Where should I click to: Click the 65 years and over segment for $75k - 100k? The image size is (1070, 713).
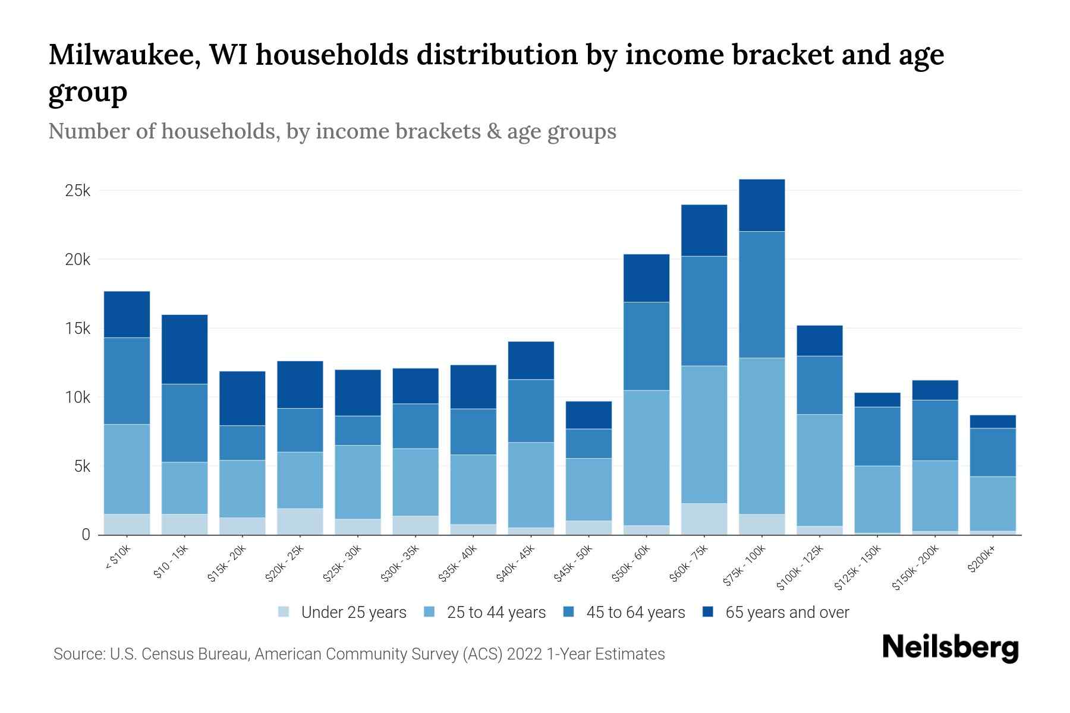761,205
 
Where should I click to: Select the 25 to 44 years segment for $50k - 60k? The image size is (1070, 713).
646,458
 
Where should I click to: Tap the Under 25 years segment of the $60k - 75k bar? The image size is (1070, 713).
704,519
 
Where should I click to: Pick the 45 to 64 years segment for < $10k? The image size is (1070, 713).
127,380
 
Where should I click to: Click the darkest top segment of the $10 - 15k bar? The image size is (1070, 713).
184,349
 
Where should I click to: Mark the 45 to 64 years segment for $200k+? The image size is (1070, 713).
992,452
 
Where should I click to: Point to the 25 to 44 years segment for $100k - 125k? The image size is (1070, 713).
819,470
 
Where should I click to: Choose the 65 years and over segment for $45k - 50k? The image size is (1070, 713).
588,415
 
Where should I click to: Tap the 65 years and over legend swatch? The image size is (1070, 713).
707,612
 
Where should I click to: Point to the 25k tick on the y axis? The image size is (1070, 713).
78,191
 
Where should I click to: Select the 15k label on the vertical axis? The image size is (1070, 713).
78,329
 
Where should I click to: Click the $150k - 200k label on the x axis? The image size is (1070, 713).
916,567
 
